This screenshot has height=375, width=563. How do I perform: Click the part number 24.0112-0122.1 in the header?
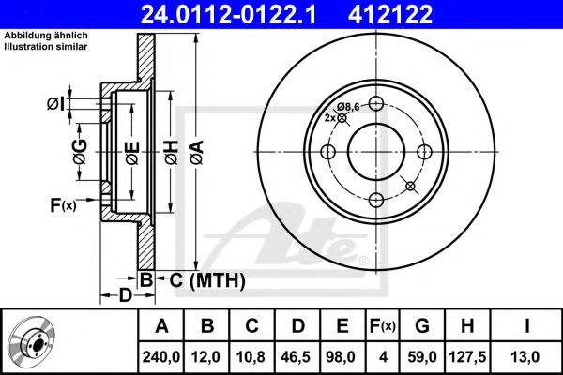pos(228,14)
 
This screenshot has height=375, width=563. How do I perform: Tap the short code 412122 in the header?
pos(390,14)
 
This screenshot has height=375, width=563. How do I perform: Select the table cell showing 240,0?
pos(160,357)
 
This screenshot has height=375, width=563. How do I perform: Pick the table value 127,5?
pos(467,357)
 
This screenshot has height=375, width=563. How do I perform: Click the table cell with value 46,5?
pos(297,357)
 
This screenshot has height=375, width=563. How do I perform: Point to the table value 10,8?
pos(251,357)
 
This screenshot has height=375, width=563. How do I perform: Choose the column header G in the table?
pos(422,326)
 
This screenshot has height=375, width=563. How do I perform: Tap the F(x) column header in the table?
pos(383,326)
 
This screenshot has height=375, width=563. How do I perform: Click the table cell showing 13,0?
pos(525,357)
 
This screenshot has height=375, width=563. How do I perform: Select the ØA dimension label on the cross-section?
pos(198,153)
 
